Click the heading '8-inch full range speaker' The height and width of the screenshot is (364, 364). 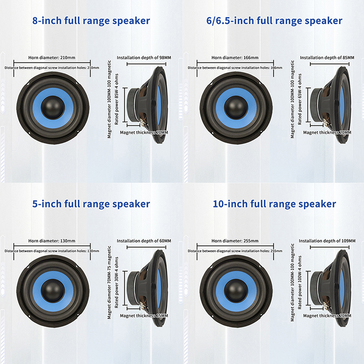[91, 20]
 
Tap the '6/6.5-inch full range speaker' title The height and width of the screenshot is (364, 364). [274, 20]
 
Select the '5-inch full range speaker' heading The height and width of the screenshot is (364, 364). [91, 204]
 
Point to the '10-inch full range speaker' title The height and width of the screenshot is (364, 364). [274, 204]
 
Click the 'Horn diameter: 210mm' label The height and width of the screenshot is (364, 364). [52, 58]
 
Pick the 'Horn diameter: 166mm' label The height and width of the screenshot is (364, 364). [235, 58]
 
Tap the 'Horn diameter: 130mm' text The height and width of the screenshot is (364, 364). [52, 241]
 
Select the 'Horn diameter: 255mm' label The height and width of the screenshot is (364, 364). [235, 241]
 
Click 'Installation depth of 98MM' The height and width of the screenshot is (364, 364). [144, 58]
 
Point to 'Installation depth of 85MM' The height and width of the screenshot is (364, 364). [327, 58]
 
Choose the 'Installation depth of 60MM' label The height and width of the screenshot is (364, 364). [144, 241]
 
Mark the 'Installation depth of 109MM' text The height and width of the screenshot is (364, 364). [327, 241]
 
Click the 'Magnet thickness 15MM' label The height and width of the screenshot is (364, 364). [144, 316]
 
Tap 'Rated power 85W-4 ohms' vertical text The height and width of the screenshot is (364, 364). [116, 99]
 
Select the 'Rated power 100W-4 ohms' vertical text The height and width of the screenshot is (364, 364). [300, 282]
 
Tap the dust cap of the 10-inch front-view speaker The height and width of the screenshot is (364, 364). [236, 290]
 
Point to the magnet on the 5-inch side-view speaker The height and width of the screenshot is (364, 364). [133, 288]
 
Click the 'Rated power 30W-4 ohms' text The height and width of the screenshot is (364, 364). [116, 282]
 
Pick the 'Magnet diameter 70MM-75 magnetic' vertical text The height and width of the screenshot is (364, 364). [109, 282]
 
